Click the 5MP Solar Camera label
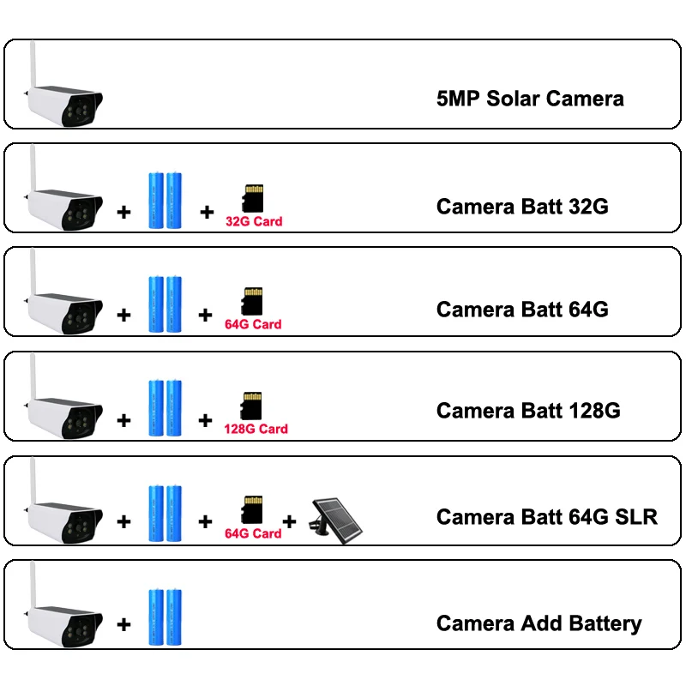[x=530, y=99]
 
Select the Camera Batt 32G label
[x=522, y=207]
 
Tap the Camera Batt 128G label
[x=528, y=411]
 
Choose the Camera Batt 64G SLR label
[x=547, y=517]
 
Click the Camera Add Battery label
[x=539, y=623]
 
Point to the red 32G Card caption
[x=254, y=221]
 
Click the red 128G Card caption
[x=256, y=429]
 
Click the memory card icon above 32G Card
[x=253, y=199]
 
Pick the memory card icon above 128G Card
[x=252, y=406]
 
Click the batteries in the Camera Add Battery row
[x=165, y=617]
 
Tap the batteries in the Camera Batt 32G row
[x=165, y=200]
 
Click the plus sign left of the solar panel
[x=290, y=521]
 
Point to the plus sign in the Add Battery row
[x=123, y=625]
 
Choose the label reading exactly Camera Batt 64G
[x=522, y=309]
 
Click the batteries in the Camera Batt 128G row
[x=165, y=407]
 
